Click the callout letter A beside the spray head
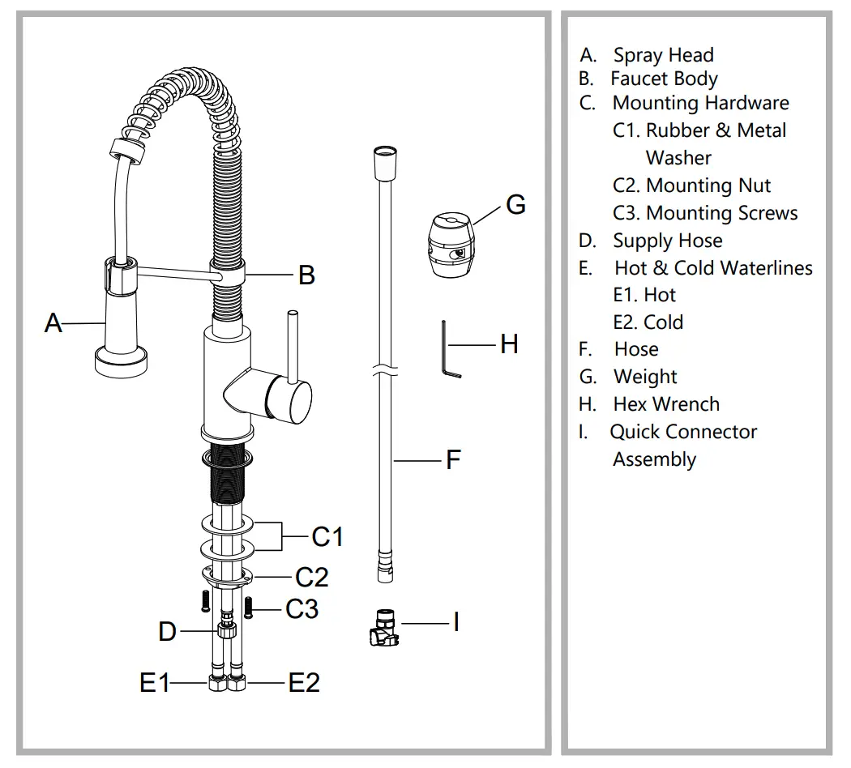(53, 323)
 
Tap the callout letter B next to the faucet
(306, 275)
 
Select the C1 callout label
(327, 536)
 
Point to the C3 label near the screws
(301, 608)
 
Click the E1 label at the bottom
(155, 683)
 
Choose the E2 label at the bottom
(304, 683)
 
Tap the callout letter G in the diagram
(515, 204)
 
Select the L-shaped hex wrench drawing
(448, 349)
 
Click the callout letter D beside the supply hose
(167, 631)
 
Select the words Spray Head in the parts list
(663, 55)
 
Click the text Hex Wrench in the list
(666, 403)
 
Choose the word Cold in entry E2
(663, 322)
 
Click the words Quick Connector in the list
(683, 431)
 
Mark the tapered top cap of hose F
(384, 162)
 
